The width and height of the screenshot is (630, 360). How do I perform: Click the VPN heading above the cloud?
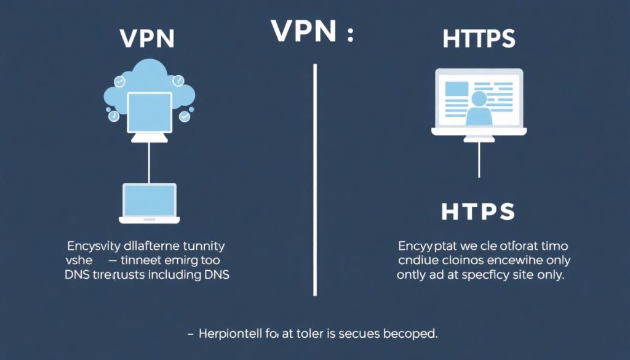[x=148, y=39]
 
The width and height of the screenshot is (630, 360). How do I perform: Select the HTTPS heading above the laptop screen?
[x=479, y=39]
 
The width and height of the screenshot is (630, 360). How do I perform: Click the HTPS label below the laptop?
[x=478, y=211]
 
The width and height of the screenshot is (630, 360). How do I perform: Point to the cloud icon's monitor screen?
[x=149, y=111]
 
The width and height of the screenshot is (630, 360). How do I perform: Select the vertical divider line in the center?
[x=315, y=178]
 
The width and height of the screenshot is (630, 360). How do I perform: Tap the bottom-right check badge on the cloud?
[x=184, y=116]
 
